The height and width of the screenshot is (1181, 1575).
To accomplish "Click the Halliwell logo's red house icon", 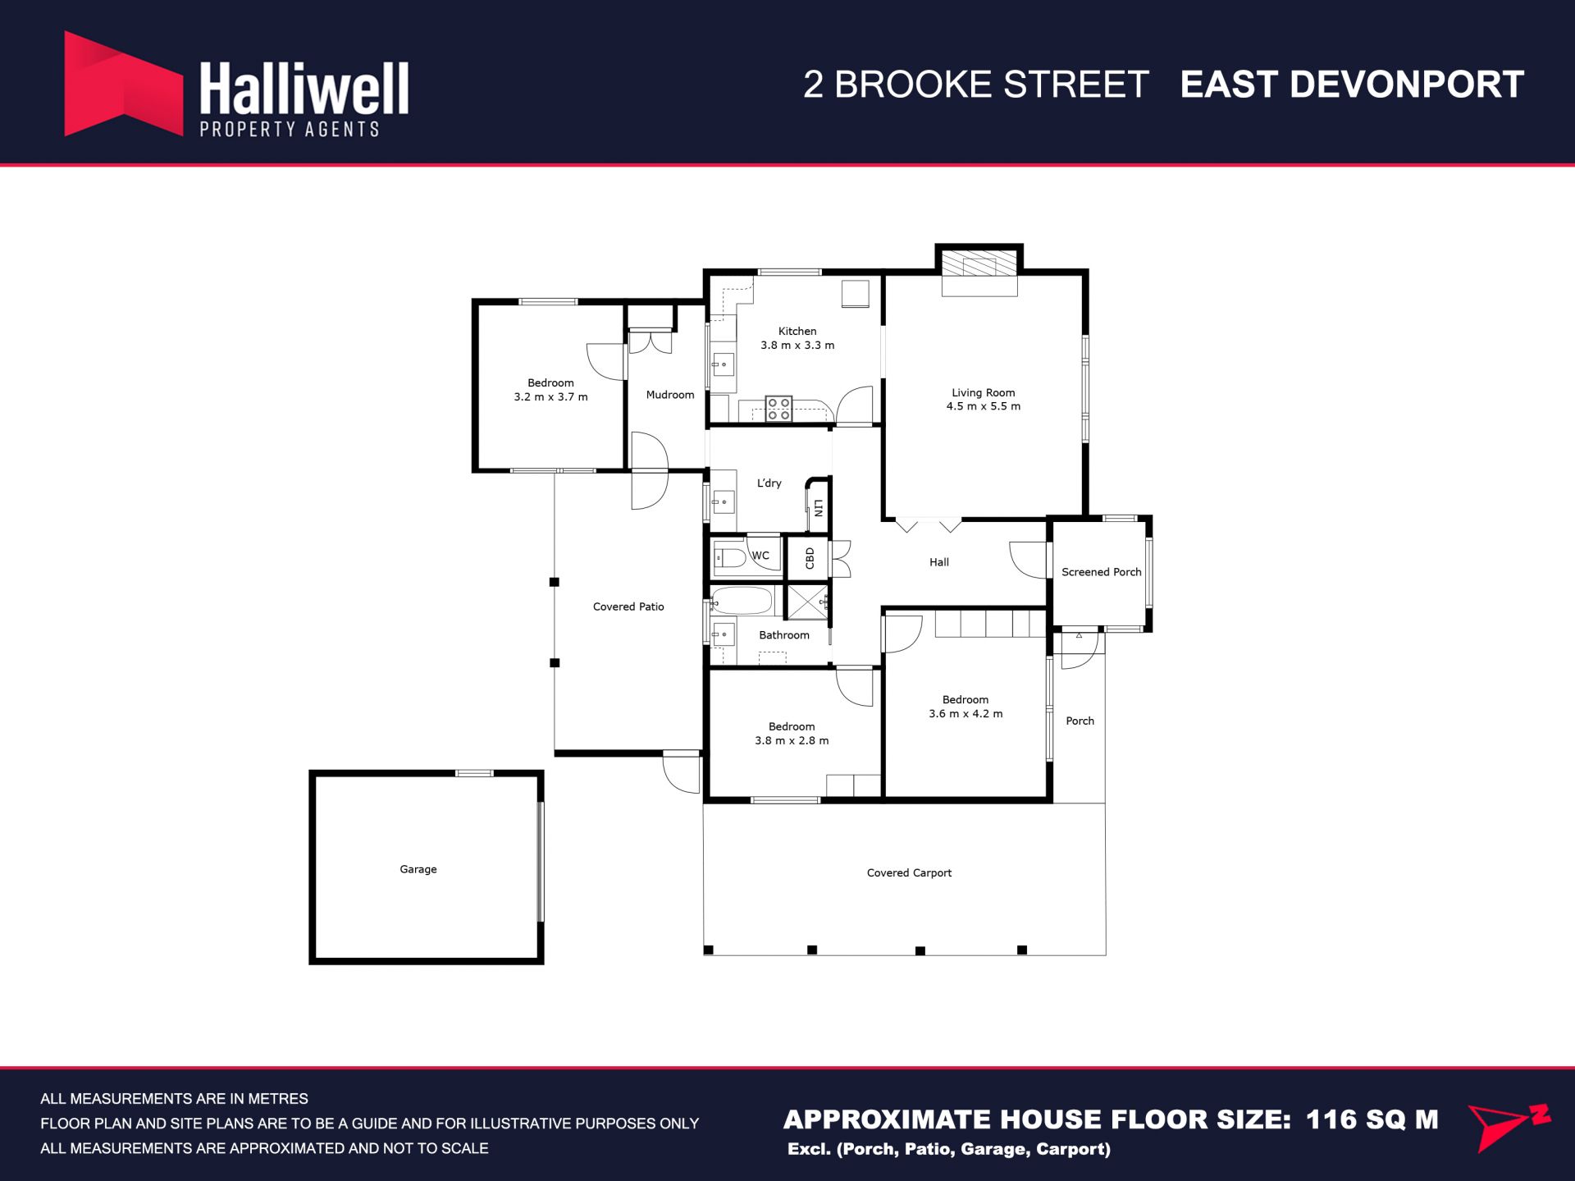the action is (x=123, y=84).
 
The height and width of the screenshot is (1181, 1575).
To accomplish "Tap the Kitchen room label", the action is (x=797, y=331).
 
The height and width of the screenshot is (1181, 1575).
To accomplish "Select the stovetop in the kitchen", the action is (x=778, y=409).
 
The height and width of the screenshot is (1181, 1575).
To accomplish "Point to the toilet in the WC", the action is (x=731, y=559).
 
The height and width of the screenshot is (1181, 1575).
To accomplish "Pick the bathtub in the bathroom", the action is (x=742, y=601).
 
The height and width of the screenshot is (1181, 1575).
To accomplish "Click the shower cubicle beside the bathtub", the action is (x=808, y=602).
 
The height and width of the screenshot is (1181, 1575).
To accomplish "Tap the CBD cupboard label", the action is (x=810, y=558).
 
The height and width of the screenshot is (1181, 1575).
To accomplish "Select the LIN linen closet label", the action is (x=818, y=508).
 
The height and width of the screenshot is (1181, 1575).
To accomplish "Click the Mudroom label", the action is (x=670, y=395).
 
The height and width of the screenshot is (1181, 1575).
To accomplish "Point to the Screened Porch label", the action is (x=1102, y=572).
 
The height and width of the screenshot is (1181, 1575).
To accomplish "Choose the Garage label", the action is (x=418, y=869).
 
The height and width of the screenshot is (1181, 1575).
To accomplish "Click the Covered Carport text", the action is (x=909, y=872).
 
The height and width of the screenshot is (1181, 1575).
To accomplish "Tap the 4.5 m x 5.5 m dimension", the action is (x=984, y=406).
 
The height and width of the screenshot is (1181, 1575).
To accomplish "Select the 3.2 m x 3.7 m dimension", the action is (x=550, y=396).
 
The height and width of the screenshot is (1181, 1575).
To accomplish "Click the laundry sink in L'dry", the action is (x=723, y=501).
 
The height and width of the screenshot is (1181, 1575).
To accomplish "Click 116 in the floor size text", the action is (x=1333, y=1119).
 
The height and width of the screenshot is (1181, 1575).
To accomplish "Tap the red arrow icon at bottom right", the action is (x=1508, y=1127).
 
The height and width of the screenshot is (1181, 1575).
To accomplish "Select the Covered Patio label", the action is (x=628, y=607).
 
